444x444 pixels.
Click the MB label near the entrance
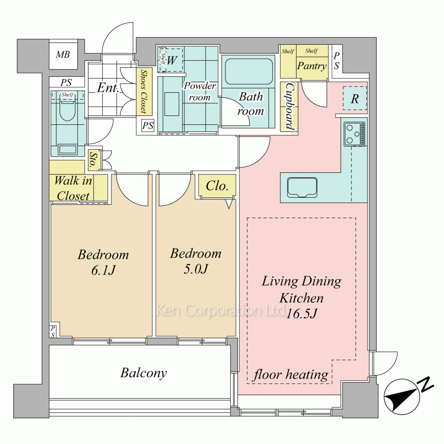click(x=63, y=54)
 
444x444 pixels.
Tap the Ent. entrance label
click(x=107, y=88)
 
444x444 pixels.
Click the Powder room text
click(x=200, y=91)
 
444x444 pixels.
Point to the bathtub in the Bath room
click(x=249, y=71)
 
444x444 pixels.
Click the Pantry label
click(x=312, y=66)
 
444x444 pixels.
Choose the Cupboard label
click(x=289, y=107)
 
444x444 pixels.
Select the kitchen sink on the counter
click(x=302, y=187)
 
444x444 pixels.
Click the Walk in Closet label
click(x=73, y=188)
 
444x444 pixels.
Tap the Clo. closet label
click(x=217, y=186)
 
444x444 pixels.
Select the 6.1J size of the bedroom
click(x=103, y=270)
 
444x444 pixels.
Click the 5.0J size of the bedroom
click(x=196, y=269)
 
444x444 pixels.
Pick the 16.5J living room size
click(x=301, y=313)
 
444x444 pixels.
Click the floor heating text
click(x=291, y=375)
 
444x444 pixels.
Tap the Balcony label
click(x=143, y=373)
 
